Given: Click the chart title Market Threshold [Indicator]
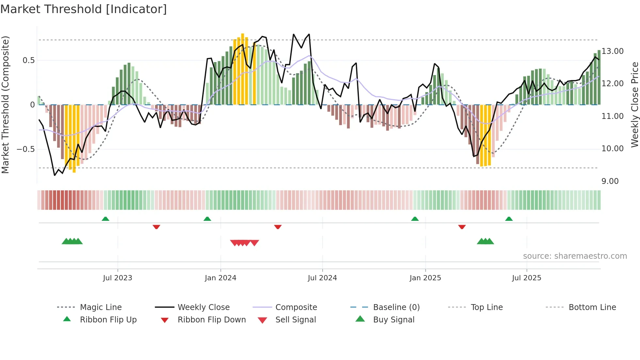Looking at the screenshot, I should tap(84, 9).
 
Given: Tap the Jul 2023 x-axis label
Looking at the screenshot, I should tap(118, 278).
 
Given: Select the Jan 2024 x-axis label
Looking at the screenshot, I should tap(220, 278).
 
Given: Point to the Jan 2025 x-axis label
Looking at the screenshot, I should tap(425, 278).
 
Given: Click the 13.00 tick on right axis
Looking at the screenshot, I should tap(613, 51).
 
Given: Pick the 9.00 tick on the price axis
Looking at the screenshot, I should tap(610, 181).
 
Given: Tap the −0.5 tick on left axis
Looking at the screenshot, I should tap(25, 149).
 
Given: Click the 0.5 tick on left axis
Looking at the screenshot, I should tap(28, 60).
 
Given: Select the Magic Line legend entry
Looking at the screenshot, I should tap(101, 307).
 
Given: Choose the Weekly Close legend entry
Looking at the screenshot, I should tap(203, 307).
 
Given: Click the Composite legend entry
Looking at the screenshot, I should tap(296, 307).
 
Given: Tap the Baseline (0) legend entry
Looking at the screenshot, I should tap(396, 307).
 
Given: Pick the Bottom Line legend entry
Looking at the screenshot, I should tap(592, 307).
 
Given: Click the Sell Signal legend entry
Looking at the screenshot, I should tap(296, 320).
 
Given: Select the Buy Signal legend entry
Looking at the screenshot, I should tap(393, 320).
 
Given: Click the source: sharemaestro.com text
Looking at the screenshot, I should tap(575, 256).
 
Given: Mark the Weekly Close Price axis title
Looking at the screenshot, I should tap(634, 105).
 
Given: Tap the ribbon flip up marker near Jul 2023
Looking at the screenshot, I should tap(105, 219).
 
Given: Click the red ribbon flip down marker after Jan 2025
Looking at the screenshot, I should tap(462, 227).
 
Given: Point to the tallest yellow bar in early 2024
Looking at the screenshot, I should tap(243, 69).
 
